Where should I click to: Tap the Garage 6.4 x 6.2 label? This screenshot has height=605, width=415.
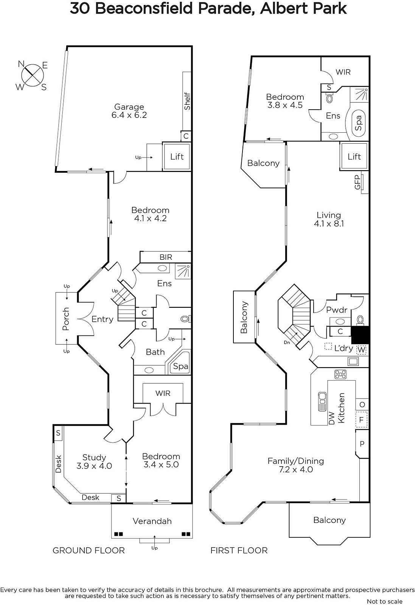coord(129,111)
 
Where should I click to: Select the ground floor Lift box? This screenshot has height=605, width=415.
coord(177,157)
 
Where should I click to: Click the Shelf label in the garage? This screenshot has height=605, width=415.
coord(187,101)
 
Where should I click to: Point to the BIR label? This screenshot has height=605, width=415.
coord(166,257)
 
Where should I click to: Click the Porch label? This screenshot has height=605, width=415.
coord(66,319)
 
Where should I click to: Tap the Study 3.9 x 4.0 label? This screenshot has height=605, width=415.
coord(94,462)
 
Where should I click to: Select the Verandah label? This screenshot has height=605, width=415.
coord(152,521)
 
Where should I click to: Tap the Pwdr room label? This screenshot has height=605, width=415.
coord(336,310)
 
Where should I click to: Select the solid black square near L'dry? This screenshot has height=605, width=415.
coord(360,335)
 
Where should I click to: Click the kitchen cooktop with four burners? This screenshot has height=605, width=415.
coord(340,374)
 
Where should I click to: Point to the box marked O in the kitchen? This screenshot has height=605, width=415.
coord(362,405)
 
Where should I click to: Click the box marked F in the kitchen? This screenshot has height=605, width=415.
coord(362,420)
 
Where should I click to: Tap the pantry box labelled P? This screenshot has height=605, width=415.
coord(362,444)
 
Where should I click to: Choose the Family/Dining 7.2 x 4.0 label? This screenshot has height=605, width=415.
coord(295,465)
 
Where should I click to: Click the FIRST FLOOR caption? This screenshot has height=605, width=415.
coord(239,550)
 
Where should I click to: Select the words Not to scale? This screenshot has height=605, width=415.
coord(384,601)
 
